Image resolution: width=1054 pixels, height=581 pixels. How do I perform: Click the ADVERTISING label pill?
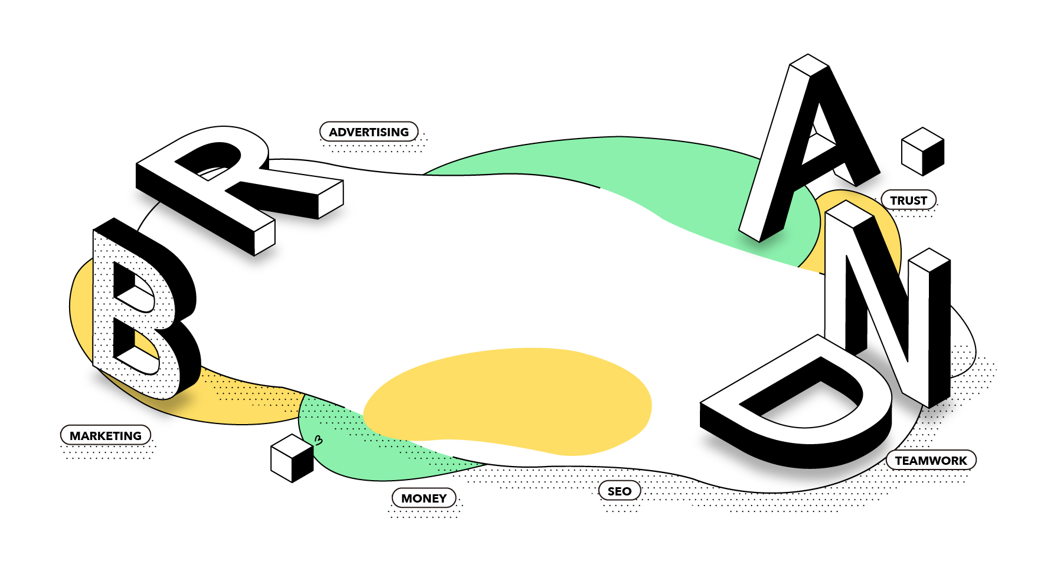369,132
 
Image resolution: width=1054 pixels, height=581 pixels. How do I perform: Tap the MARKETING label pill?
106,435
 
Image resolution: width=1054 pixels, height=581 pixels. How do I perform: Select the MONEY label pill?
424,498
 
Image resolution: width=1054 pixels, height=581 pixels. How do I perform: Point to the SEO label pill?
619,491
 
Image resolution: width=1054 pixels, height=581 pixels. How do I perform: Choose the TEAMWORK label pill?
931,460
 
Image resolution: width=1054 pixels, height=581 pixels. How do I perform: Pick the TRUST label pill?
908,200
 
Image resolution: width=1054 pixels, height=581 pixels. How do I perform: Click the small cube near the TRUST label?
922,152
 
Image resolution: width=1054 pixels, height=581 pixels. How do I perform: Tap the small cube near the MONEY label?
292,458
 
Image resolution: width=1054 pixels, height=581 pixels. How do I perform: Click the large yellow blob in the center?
508,401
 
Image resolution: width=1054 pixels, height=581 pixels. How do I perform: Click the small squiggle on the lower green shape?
319,440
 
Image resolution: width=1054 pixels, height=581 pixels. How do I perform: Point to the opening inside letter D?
803,401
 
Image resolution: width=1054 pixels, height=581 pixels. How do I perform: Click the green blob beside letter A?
679,177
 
